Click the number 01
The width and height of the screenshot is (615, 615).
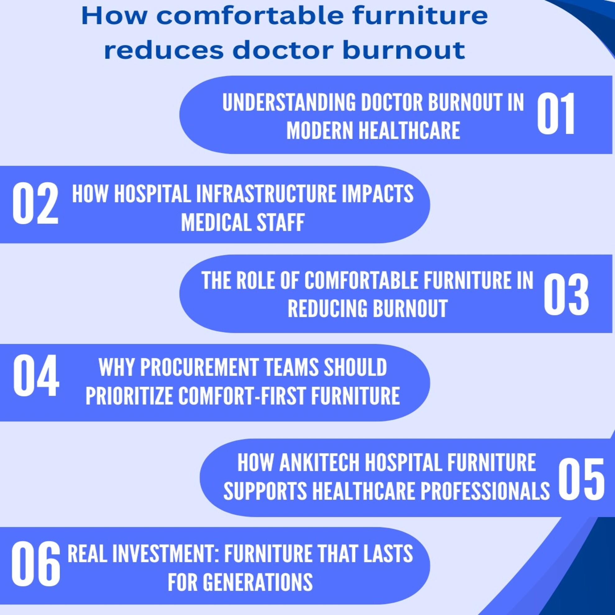point(556,114)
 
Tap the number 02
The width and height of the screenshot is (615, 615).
point(35,204)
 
